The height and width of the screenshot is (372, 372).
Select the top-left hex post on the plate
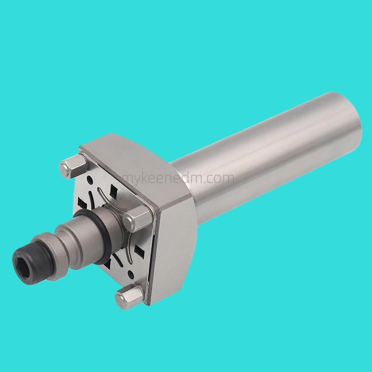(x=73, y=166)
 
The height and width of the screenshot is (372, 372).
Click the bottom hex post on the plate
(x=129, y=298)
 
